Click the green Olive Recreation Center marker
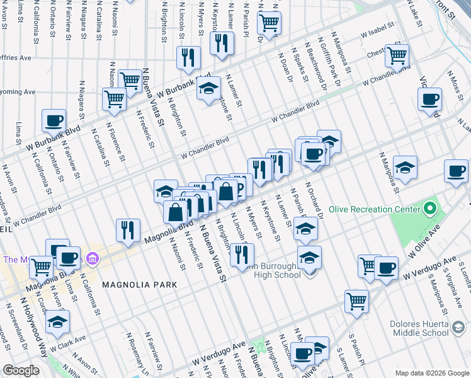click(431, 207)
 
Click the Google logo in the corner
click(21, 370)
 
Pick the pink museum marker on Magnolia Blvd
click(92, 258)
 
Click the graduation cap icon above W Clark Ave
click(57, 321)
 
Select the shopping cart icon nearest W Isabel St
click(397, 55)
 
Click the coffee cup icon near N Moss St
click(429, 99)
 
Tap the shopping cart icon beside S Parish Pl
click(356, 301)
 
